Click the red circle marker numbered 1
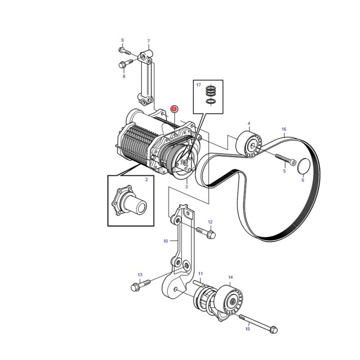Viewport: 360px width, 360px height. coord(174,108)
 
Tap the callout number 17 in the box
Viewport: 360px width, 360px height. coord(198,85)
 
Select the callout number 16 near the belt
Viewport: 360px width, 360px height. coord(284,129)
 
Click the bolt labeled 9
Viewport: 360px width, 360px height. coord(125,51)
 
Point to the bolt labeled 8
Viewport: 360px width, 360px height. coord(126,64)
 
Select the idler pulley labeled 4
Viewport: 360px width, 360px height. coord(250,144)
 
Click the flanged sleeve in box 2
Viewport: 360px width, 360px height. coord(129,200)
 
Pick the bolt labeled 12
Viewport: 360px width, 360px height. coord(206,233)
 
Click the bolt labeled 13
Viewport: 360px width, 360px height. coord(140,284)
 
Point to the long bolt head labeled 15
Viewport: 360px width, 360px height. coord(273,330)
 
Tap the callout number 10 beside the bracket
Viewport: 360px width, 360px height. coord(166,241)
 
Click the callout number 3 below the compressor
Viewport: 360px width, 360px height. coord(186,187)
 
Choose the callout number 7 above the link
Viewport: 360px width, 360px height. coord(148,41)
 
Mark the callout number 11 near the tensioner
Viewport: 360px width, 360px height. coord(200,274)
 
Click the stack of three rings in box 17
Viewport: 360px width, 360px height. coord(211,91)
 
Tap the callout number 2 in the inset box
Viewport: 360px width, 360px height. coord(147,180)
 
